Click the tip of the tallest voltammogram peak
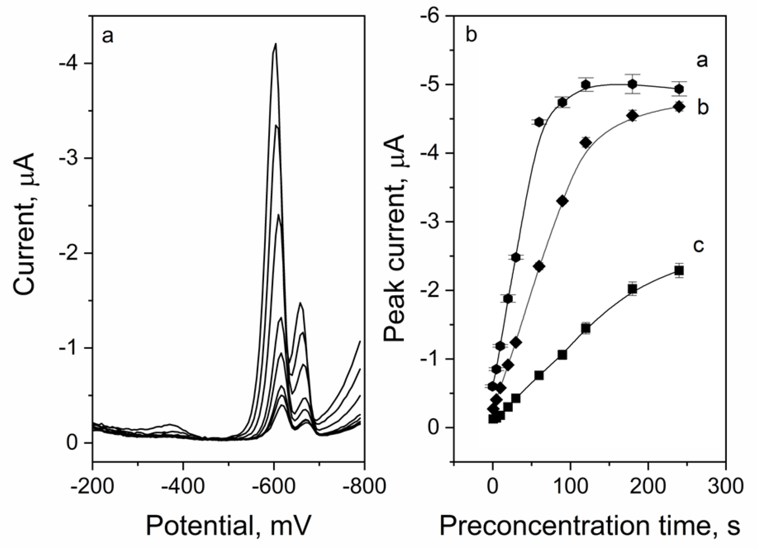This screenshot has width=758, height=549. tap(276, 44)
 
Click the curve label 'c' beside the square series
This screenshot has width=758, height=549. tap(698, 246)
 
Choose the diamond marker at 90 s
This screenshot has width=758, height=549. tap(562, 201)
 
